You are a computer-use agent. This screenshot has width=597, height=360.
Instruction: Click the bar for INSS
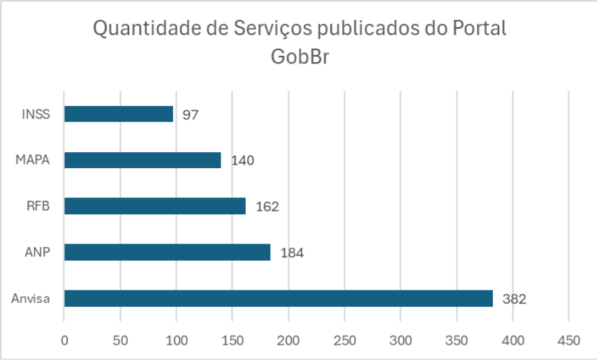119,114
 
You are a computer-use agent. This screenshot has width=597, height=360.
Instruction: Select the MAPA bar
142,160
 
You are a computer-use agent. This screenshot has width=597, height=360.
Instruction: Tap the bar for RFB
155,206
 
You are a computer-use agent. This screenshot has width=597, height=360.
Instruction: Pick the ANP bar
167,252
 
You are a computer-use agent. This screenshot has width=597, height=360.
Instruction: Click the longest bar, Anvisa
278,298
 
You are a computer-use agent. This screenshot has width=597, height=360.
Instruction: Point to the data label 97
191,114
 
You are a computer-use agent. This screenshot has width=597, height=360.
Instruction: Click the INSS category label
36,114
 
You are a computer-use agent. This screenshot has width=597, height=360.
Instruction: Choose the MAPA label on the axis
33,160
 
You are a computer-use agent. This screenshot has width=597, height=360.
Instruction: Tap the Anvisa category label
31,299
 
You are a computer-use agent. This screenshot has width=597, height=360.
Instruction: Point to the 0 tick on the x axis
64,340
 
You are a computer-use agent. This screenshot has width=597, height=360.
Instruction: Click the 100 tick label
176,340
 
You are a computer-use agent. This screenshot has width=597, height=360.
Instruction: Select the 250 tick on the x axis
344,340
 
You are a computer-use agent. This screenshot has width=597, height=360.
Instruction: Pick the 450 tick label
568,340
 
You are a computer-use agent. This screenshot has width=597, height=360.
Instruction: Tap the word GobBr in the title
299,57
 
